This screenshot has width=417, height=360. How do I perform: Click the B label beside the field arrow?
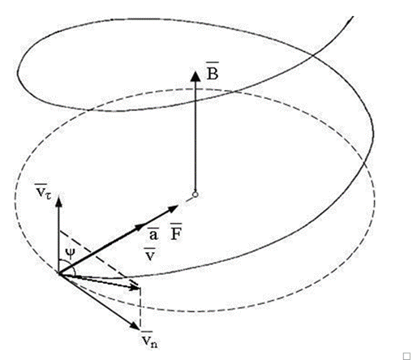pyautogui.click(x=213, y=71)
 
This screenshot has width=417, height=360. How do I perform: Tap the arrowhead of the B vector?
pyautogui.click(x=196, y=76)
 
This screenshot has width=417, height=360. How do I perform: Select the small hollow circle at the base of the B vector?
pyautogui.click(x=196, y=195)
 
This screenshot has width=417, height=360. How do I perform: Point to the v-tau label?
pyautogui.click(x=43, y=191)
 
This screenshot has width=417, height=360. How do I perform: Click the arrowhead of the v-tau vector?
pyautogui.click(x=58, y=201)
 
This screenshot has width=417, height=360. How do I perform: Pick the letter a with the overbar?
pyautogui.click(x=153, y=234)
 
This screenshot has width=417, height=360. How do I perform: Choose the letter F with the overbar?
pyautogui.click(x=176, y=232)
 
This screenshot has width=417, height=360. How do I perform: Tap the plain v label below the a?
pyautogui.click(x=150, y=255)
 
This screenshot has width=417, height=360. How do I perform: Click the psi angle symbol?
pyautogui.click(x=70, y=254)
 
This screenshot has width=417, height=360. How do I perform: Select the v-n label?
pyautogui.click(x=149, y=340)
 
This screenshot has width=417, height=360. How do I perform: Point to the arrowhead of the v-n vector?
pyautogui.click(x=135, y=325)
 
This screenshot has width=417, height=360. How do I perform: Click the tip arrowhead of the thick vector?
pyautogui.click(x=173, y=208)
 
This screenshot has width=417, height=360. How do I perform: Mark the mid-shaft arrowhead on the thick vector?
pyautogui.click(x=140, y=226)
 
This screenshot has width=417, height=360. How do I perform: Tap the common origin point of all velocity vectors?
pyautogui.click(x=58, y=273)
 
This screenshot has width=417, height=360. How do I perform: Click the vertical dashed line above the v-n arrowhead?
pyautogui.click(x=140, y=308)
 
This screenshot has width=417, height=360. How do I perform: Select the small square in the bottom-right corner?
pyautogui.click(x=406, y=356)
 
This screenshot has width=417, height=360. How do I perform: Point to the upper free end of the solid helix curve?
pyautogui.click(x=353, y=17)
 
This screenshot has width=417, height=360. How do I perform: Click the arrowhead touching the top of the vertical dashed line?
pyautogui.click(x=134, y=287)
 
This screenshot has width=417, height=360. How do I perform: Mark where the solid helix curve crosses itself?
pyautogui.click(x=313, y=55)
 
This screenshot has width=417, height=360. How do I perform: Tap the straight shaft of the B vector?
pyautogui.click(x=196, y=136)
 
